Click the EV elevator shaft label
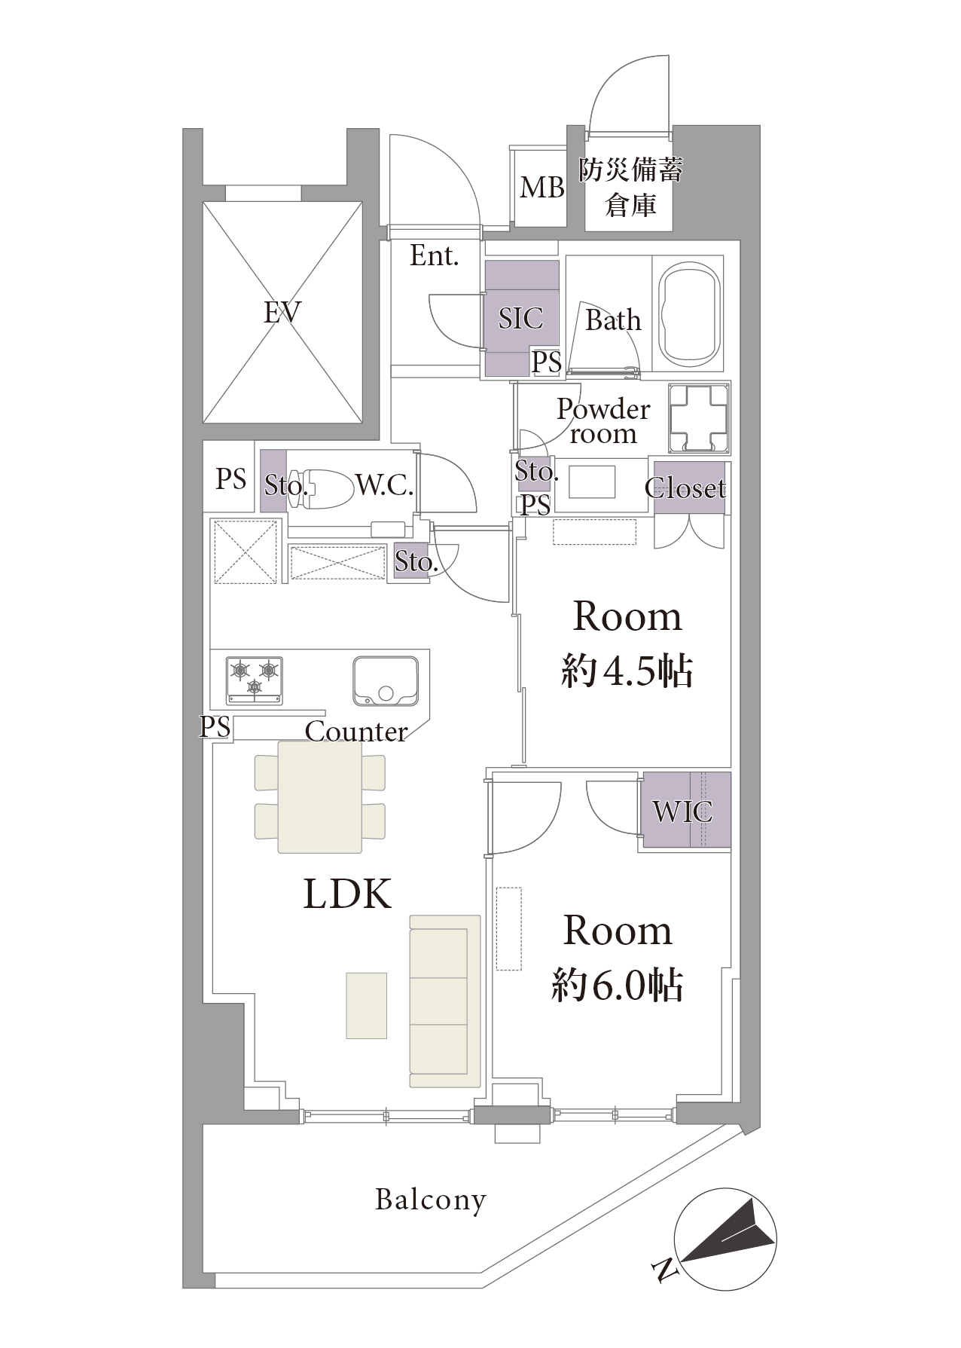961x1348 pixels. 282,312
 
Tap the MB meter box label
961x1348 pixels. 542,188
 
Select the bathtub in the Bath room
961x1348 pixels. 690,313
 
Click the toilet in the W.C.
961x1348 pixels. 324,487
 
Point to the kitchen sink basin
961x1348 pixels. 386,682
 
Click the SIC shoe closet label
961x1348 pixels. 520,318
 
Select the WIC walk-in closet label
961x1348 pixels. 682,812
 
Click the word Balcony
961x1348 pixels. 431,1200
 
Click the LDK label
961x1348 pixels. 347,894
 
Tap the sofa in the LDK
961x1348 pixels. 445,1001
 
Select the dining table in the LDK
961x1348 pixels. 320,797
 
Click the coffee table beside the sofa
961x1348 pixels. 367,1006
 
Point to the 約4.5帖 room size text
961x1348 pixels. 627,670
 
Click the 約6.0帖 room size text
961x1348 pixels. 618,986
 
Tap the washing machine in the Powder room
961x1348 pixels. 700,418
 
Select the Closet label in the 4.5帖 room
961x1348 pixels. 685,488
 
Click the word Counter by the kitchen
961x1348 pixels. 356,731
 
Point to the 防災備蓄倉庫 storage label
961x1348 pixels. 631,188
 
